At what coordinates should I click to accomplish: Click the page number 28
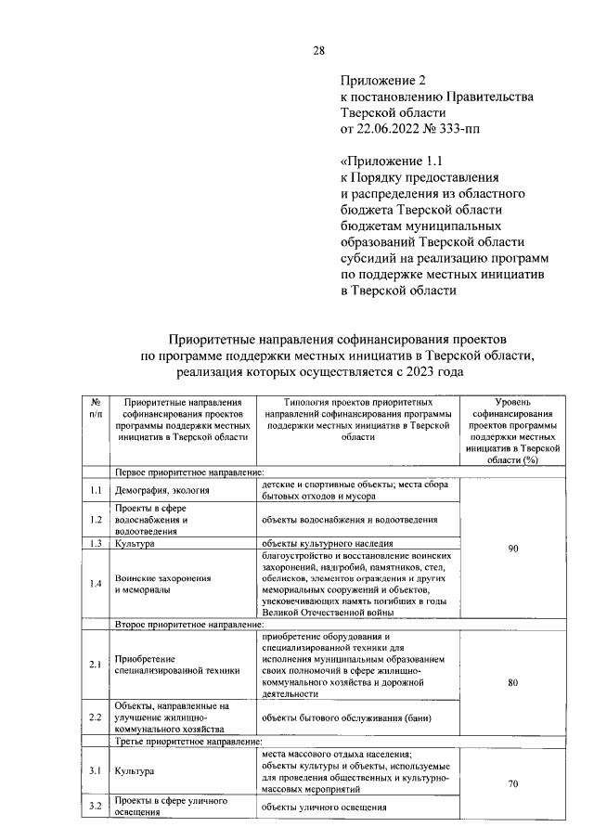[x=317, y=50]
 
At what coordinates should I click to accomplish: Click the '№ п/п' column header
[x=96, y=407]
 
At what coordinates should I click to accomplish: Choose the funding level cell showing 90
[x=512, y=549]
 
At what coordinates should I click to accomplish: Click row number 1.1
[x=96, y=489]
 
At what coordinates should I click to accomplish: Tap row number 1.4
[x=96, y=584]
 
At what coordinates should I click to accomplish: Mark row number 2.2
[x=96, y=717]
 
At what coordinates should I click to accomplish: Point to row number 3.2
[x=96, y=806]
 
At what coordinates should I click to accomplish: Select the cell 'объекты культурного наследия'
[x=328, y=543]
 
